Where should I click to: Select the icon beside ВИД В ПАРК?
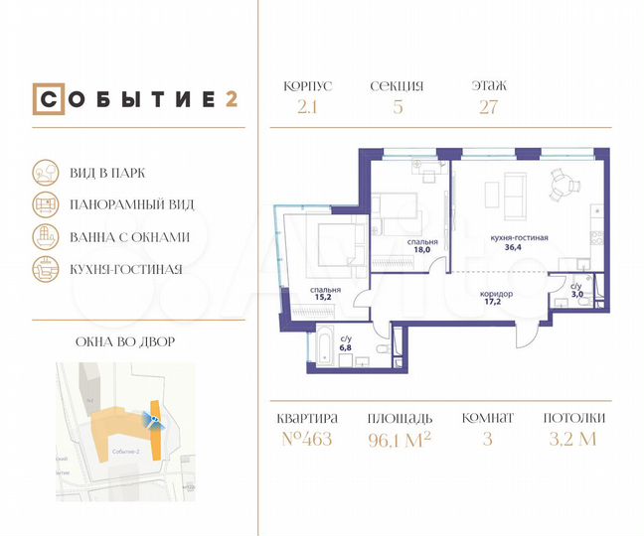pyautogui.click(x=45, y=172)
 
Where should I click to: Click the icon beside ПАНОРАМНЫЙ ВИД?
pyautogui.click(x=45, y=203)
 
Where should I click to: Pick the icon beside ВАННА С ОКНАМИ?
pyautogui.click(x=45, y=236)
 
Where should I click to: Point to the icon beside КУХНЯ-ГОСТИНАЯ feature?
pyautogui.click(x=45, y=268)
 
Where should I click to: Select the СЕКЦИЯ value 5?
pyautogui.click(x=398, y=107)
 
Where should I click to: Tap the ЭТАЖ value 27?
pyautogui.click(x=489, y=107)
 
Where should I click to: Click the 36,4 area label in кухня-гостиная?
pyautogui.click(x=519, y=247)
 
